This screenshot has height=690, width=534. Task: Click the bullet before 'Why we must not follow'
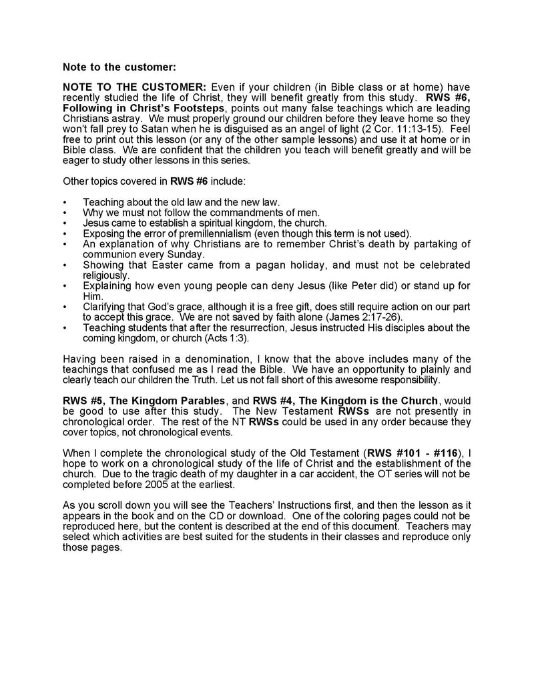click(65, 213)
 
